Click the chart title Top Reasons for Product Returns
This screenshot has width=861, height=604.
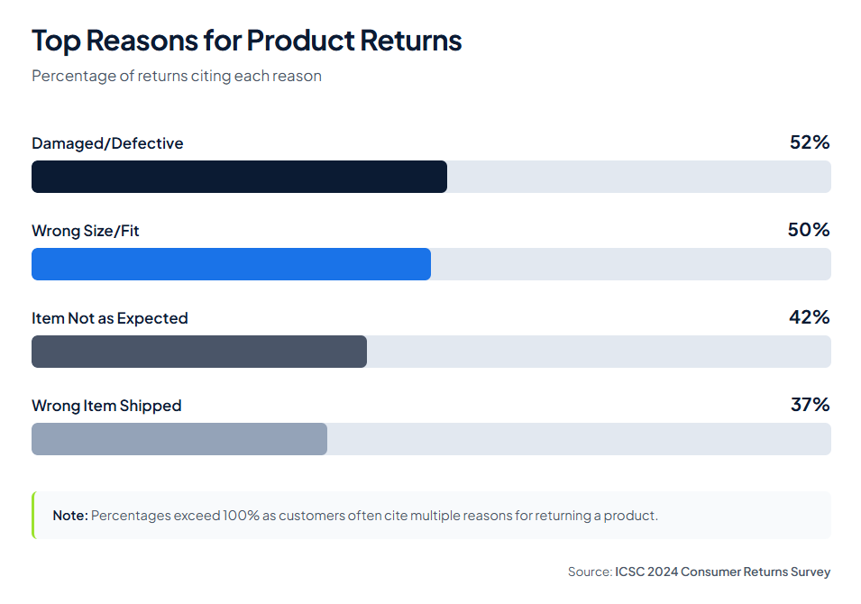pyautogui.click(x=246, y=41)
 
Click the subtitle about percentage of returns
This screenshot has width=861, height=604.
pyautogui.click(x=177, y=76)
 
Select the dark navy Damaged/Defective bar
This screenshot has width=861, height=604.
pyautogui.click(x=239, y=177)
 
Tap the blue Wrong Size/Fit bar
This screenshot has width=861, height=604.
pyautogui.click(x=231, y=264)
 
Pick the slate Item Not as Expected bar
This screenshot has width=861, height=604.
pyautogui.click(x=199, y=352)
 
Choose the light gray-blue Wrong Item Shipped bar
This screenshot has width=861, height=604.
pyautogui.click(x=179, y=439)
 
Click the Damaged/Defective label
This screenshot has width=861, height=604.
pyautogui.click(x=107, y=143)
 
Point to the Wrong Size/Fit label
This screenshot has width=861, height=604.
pyautogui.click(x=86, y=231)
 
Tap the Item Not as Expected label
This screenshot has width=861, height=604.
pyautogui.click(x=110, y=318)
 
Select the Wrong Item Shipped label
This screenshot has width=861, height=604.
pyautogui.click(x=106, y=406)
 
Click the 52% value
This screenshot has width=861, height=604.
pyautogui.click(x=809, y=142)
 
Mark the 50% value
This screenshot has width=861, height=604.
pyautogui.click(x=809, y=230)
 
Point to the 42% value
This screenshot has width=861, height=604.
pyautogui.click(x=809, y=317)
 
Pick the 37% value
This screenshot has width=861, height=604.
pyautogui.click(x=810, y=405)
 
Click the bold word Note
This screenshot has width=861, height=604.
pyautogui.click(x=69, y=516)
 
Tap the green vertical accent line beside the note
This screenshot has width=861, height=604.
pyautogui.click(x=33, y=516)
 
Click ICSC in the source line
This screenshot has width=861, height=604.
pyautogui.click(x=630, y=572)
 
